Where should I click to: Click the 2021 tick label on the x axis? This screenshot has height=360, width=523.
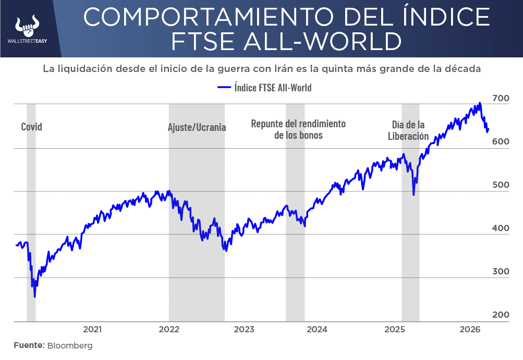[x=92, y=329]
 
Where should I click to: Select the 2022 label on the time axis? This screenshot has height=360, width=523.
[x=169, y=329]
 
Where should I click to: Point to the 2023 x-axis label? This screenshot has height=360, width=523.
[x=244, y=329]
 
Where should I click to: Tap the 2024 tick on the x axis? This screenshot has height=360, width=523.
[x=317, y=329]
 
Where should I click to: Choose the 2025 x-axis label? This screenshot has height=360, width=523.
[x=395, y=329]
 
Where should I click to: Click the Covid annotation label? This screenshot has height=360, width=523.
[x=31, y=127]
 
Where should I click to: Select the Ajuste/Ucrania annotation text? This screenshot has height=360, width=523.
[x=197, y=127]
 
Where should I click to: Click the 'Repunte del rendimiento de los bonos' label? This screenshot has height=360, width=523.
[x=298, y=129]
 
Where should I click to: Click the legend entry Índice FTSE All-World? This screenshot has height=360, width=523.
[x=264, y=88]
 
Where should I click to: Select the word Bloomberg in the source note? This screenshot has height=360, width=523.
[x=70, y=345]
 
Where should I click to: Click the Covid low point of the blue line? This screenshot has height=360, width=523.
[x=35, y=297]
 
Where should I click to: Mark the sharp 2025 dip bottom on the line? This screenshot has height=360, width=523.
[x=413, y=195]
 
